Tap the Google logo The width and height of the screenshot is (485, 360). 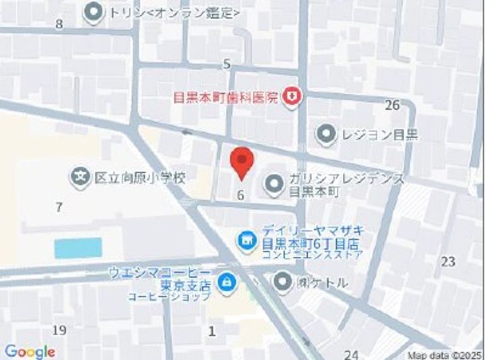[29, 351]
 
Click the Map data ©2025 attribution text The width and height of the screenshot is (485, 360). [445, 355]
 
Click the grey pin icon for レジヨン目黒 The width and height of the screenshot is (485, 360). [327, 134]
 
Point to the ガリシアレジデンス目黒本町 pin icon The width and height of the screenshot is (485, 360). [273, 184]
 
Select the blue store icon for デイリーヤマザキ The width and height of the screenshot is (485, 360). [247, 239]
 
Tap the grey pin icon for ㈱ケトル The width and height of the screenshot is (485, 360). [284, 282]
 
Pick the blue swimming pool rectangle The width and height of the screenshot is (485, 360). [78, 247]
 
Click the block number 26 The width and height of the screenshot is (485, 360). [392, 104]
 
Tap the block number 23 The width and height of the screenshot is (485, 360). [448, 262]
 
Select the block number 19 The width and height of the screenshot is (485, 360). [59, 330]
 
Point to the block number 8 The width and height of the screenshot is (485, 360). [59, 25]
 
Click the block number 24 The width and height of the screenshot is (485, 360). [351, 354]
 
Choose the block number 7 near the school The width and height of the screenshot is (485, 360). [59, 207]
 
